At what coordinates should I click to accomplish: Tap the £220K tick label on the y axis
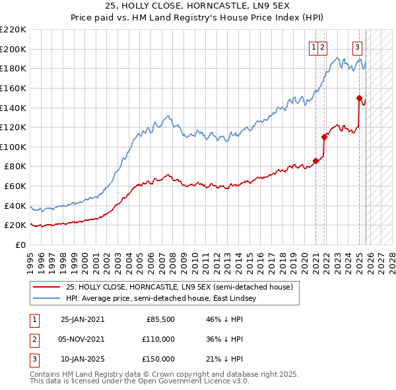pos(13,30)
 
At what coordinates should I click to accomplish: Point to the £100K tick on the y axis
pos(13,147)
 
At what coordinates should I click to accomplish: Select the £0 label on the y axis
pos(22,245)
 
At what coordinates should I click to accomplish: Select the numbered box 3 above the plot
pos(357,47)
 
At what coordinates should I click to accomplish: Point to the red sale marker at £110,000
pos(324,137)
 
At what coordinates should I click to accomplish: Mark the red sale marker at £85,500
pos(315,161)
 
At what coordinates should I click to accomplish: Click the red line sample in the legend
pos(46,287)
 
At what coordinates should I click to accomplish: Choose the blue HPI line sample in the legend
pos(46,298)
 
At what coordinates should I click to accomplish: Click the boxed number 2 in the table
pos(34,339)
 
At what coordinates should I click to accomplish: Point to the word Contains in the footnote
pos(46,374)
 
